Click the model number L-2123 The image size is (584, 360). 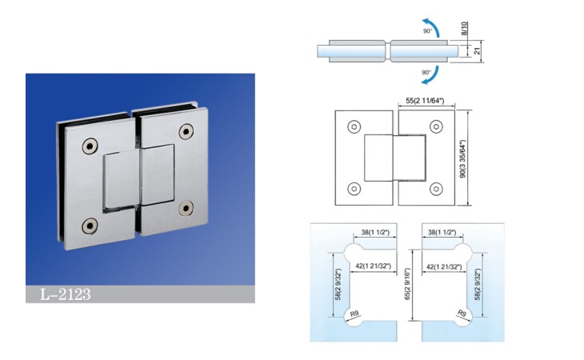pyautogui.click(x=65, y=294)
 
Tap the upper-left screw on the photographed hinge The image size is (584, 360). pyautogui.click(x=90, y=146)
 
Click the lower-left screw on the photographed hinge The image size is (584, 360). pyautogui.click(x=90, y=226)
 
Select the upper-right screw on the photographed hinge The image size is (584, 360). pyautogui.click(x=186, y=131)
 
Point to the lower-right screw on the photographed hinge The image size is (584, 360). pyautogui.click(x=186, y=209)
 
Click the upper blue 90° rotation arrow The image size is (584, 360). pyautogui.click(x=432, y=26)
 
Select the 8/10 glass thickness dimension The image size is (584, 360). pyautogui.click(x=464, y=29)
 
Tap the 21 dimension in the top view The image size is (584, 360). pyautogui.click(x=478, y=51)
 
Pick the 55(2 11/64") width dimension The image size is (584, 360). pyautogui.click(x=425, y=101)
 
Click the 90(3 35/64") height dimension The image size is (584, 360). pyautogui.click(x=462, y=158)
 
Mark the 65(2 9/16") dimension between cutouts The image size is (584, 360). pyautogui.click(x=407, y=284)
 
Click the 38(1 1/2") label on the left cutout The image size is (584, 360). pyautogui.click(x=375, y=232)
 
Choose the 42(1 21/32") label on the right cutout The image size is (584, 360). pyautogui.click(x=444, y=266)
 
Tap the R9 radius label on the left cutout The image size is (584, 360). pyautogui.click(x=354, y=314)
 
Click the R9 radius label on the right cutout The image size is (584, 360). pyautogui.click(x=462, y=313)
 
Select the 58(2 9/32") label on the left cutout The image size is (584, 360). pyautogui.click(x=338, y=285)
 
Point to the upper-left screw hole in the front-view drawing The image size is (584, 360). pyautogui.click(x=354, y=127)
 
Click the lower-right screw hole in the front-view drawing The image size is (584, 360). pyautogui.click(x=436, y=189)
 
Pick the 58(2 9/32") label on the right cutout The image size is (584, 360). pyautogui.click(x=478, y=285)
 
